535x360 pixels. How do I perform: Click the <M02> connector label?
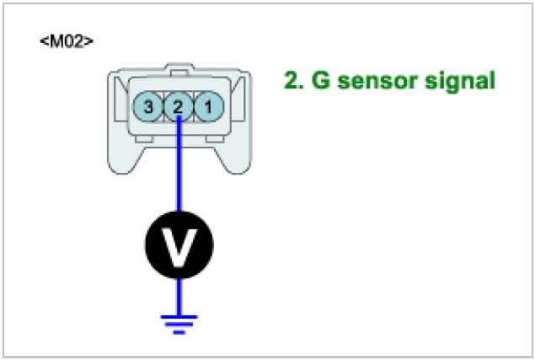pyautogui.click(x=66, y=40)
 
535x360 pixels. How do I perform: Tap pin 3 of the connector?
pyautogui.click(x=149, y=106)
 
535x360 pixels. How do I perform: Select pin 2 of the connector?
pyautogui.click(x=178, y=106)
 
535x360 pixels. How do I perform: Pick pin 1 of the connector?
pyautogui.click(x=206, y=106)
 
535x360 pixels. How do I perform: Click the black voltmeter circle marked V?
pyautogui.click(x=178, y=244)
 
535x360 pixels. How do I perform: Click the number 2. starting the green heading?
pyautogui.click(x=295, y=82)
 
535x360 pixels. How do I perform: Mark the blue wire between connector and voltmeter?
pyautogui.click(x=178, y=169)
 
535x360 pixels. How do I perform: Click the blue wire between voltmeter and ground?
pyautogui.click(x=178, y=295)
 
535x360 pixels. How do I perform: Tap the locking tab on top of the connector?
pyautogui.click(x=178, y=66)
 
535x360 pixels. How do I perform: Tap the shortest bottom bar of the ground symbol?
pyautogui.click(x=178, y=331)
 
